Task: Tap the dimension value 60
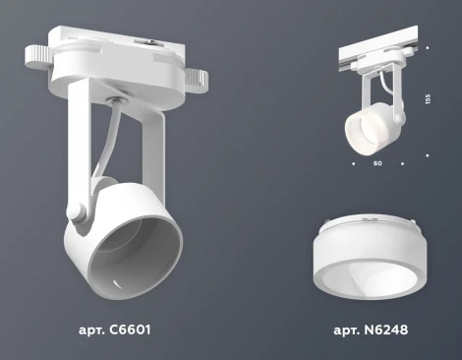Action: coord(377,163)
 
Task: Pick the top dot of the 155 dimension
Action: coord(428,47)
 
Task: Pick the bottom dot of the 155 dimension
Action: coord(428,152)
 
